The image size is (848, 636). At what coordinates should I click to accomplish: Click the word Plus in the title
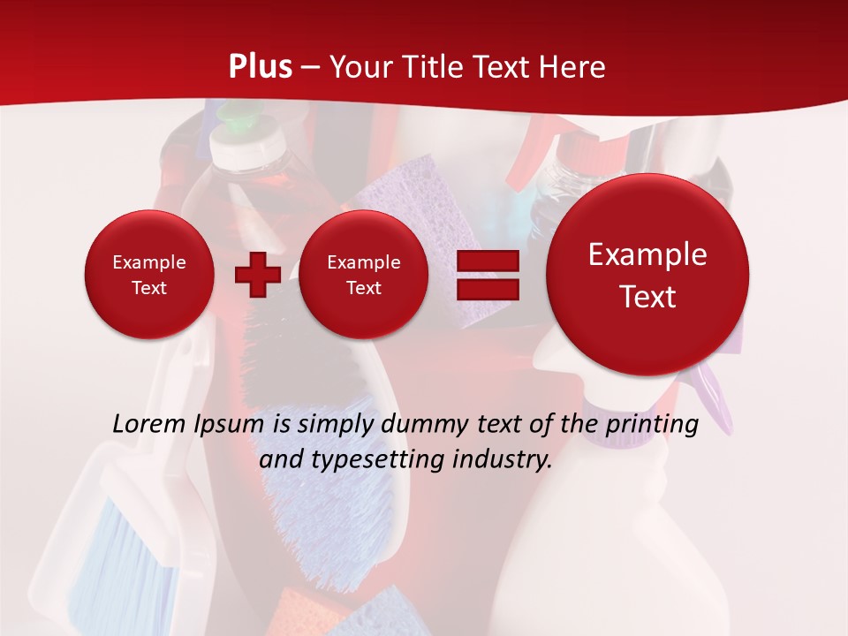pos(260,67)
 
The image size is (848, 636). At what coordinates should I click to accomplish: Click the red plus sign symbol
pos(257,275)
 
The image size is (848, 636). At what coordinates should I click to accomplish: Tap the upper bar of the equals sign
pos(487,261)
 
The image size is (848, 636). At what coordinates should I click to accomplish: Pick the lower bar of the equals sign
pos(487,289)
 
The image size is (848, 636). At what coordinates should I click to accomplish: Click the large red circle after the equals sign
pos(647,276)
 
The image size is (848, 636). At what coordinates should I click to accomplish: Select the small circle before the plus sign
pos(148,275)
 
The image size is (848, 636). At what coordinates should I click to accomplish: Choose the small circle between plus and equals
pos(363,275)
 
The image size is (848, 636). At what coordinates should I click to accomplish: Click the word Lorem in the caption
pos(149,424)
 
